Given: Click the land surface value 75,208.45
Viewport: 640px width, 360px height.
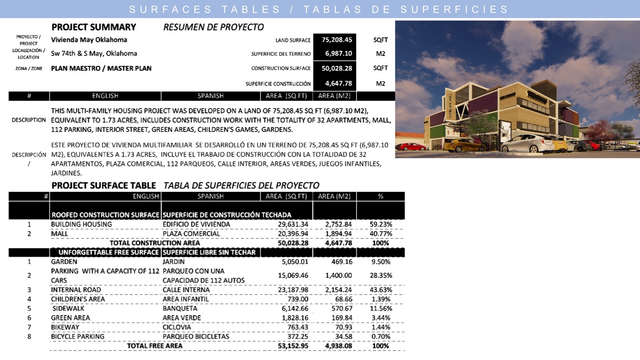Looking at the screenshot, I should (x=337, y=40).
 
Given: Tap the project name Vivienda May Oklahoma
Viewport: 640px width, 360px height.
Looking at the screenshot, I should (x=89, y=40).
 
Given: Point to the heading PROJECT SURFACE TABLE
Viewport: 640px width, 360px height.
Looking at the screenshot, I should (x=104, y=186).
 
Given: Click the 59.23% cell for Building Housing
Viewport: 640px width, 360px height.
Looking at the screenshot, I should (x=381, y=224).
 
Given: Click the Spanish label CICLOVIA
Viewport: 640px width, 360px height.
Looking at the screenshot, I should (x=177, y=327).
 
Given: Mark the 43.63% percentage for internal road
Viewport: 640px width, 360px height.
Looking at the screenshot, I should (x=381, y=290).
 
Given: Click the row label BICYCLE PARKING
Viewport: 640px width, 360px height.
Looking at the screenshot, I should (x=78, y=336).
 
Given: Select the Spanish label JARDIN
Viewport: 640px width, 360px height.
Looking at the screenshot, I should (x=173, y=262).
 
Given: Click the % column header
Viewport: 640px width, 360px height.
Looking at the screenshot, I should (x=381, y=196).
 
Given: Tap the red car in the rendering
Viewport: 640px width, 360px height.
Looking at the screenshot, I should (x=412, y=147).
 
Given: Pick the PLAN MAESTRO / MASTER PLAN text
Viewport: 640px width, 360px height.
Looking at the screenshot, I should (x=101, y=68).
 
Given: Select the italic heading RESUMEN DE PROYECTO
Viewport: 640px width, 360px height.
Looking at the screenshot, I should (x=213, y=27).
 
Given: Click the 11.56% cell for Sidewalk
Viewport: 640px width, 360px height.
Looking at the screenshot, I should (x=381, y=308).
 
